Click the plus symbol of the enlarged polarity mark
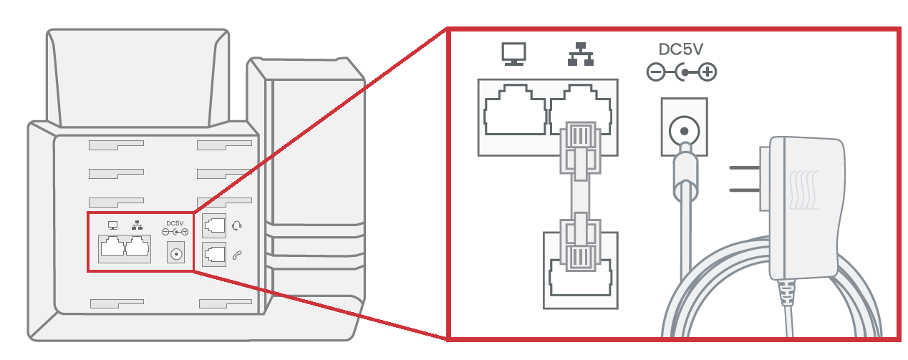tap(707, 72)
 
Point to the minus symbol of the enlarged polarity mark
tap(655, 72)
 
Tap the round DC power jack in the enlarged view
tap(684, 130)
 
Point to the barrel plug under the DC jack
tap(685, 172)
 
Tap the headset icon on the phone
tap(238, 225)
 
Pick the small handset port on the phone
tap(214, 253)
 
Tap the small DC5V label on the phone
tap(175, 223)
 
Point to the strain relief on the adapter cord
tap(787, 293)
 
